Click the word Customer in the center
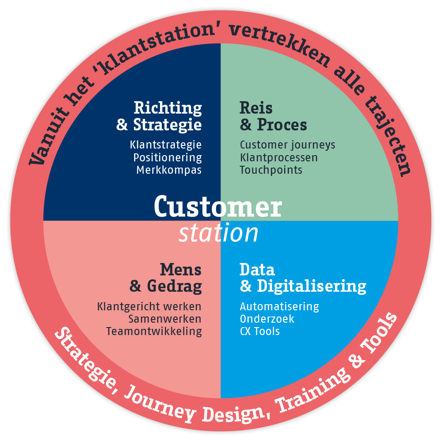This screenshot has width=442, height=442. click(218, 206)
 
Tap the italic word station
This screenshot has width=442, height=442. click(218, 233)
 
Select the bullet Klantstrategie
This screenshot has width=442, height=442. click(166, 145)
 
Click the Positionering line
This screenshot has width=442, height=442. click(168, 158)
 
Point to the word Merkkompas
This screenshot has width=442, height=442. click(169, 170)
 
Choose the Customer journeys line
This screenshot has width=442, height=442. click(288, 145)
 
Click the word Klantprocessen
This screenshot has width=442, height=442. click(279, 158)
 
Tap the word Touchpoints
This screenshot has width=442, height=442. click(271, 170)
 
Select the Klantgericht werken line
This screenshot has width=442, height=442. click(149, 306)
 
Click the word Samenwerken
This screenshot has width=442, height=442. click(165, 319)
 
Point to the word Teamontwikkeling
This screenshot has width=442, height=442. click(154, 331)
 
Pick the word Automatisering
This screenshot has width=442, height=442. click(279, 306)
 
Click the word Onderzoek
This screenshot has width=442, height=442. click(267, 319)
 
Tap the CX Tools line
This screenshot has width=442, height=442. click(259, 331)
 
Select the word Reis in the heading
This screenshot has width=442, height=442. click(256, 108)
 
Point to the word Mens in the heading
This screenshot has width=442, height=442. click(180, 270)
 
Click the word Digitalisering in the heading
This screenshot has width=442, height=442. click(312, 287)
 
